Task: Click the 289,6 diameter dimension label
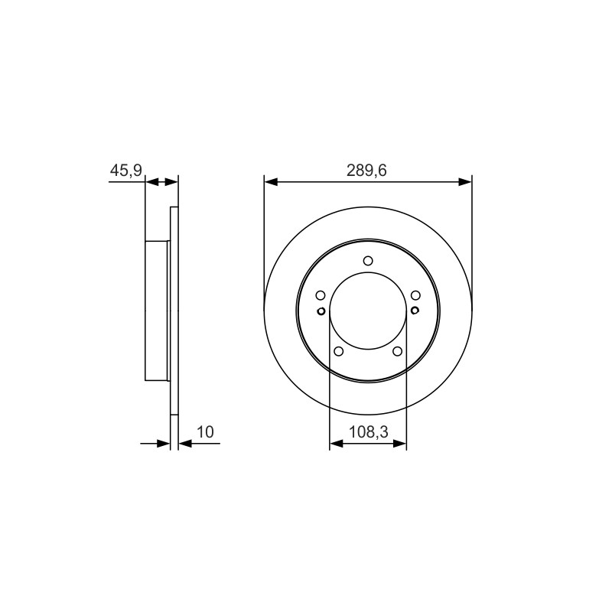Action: pyautogui.click(x=366, y=171)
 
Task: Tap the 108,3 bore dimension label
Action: pyautogui.click(x=369, y=432)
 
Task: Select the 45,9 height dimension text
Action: pyautogui.click(x=126, y=171)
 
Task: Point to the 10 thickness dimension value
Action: pyautogui.click(x=205, y=432)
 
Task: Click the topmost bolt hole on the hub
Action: pyautogui.click(x=368, y=261)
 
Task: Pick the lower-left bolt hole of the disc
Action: pyautogui.click(x=339, y=351)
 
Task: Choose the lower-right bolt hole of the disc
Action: pyautogui.click(x=397, y=351)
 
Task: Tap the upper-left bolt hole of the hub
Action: pyautogui.click(x=321, y=295)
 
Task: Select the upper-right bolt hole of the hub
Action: pyautogui.click(x=415, y=295)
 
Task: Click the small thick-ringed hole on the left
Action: pyautogui.click(x=321, y=311)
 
